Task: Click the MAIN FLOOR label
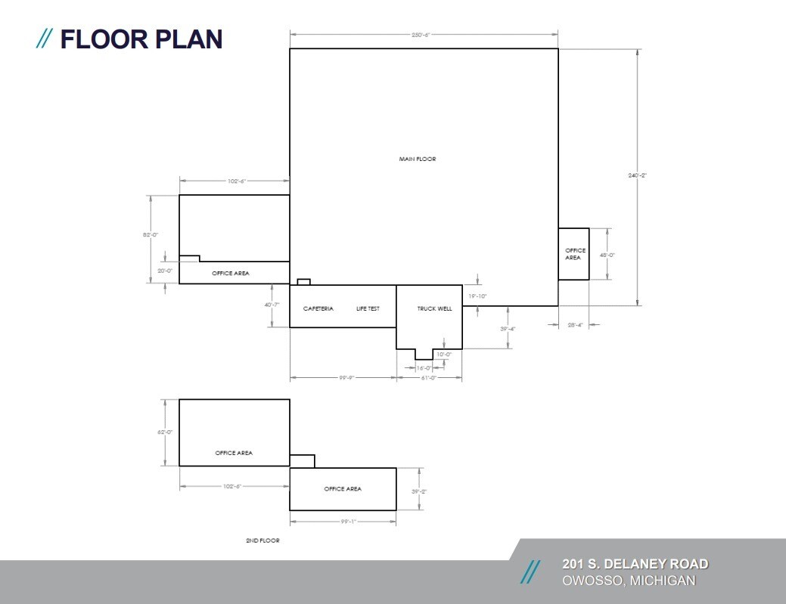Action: (418, 159)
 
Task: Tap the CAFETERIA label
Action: (318, 308)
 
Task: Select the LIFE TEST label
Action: (368, 308)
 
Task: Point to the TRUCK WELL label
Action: (435, 308)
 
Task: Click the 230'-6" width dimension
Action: (424, 35)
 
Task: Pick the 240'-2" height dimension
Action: (638, 175)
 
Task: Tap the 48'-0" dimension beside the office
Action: (607, 256)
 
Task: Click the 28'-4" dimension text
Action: (575, 325)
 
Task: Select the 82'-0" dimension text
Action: (151, 235)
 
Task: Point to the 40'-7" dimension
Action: (272, 305)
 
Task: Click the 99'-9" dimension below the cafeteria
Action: (346, 377)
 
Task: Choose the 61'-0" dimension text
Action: (428, 377)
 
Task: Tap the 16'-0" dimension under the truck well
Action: (424, 367)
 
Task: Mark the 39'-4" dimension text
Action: (508, 328)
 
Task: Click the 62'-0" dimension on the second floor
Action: (164, 432)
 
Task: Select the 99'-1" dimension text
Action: (346, 521)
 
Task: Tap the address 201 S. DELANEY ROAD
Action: (635, 564)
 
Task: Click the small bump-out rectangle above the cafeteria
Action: (303, 282)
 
